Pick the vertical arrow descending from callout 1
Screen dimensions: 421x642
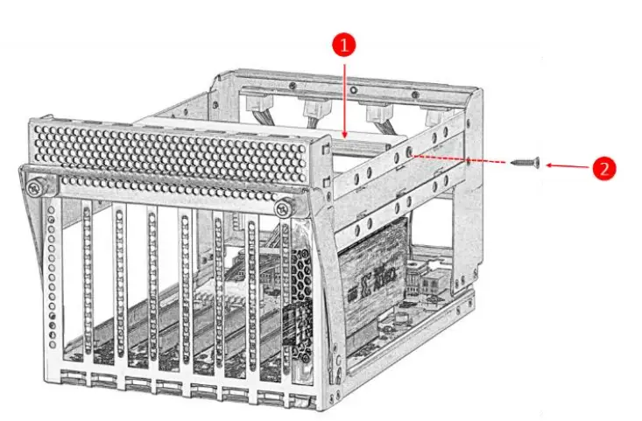pos(345,96)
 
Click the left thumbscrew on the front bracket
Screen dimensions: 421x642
pos(34,188)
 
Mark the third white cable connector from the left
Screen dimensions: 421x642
pos(376,114)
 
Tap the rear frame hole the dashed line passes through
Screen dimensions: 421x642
pos(472,161)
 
